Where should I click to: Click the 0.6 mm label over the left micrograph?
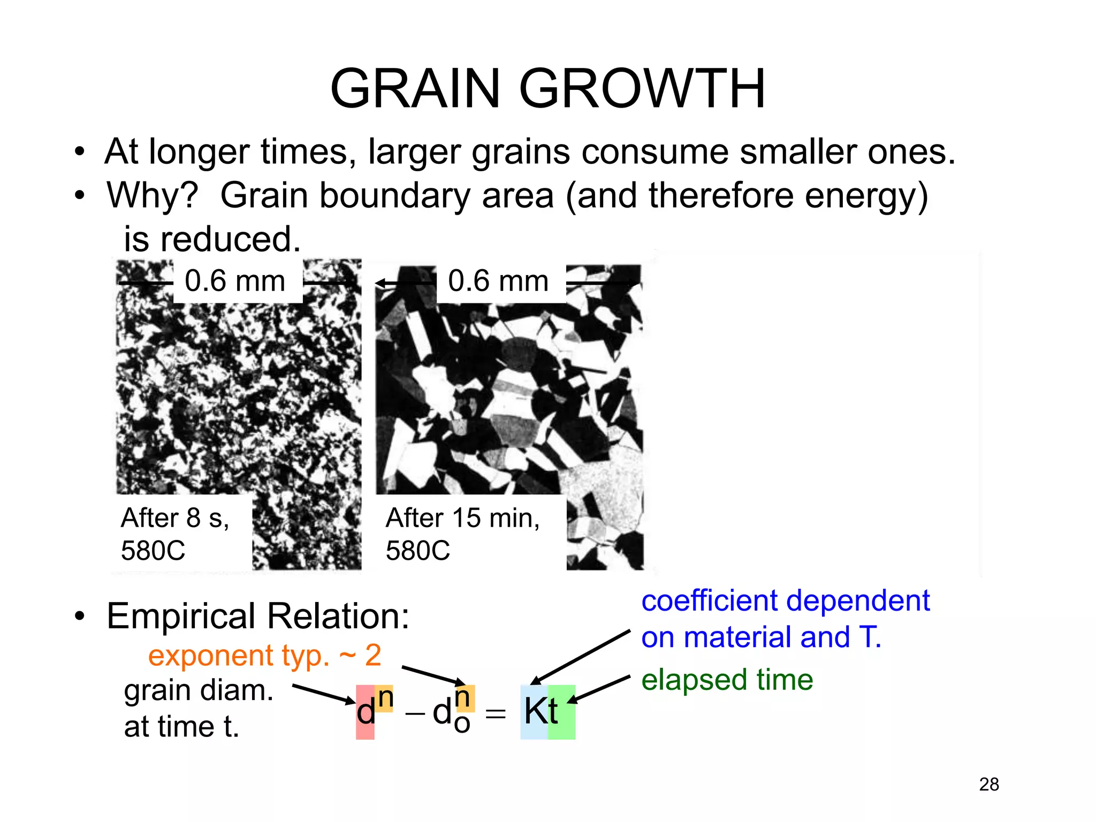pyautogui.click(x=235, y=281)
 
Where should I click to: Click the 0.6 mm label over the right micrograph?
pyautogui.click(x=498, y=281)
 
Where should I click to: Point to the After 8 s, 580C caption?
pyautogui.click(x=176, y=534)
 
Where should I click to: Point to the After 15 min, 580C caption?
pyautogui.click(x=462, y=534)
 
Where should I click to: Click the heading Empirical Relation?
pyautogui.click(x=258, y=616)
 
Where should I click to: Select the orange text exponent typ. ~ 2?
pyautogui.click(x=264, y=655)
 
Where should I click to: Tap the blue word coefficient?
pyautogui.click(x=710, y=600)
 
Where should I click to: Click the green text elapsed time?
pyautogui.click(x=727, y=680)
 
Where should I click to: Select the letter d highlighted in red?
pyautogui.click(x=366, y=712)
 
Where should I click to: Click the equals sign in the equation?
pyautogui.click(x=495, y=713)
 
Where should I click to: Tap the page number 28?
pyautogui.click(x=988, y=784)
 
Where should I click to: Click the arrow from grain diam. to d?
pyautogui.click(x=323, y=693)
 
